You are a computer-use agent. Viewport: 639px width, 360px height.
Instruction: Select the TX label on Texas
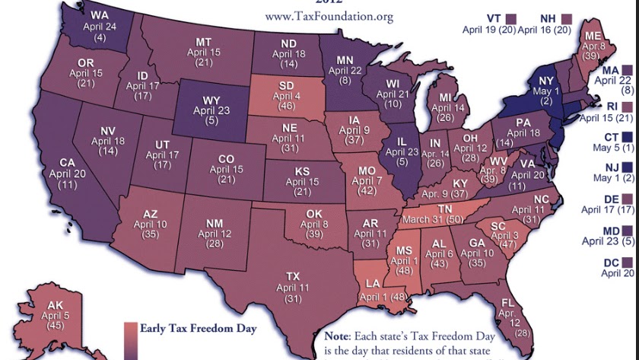pos(293,276)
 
